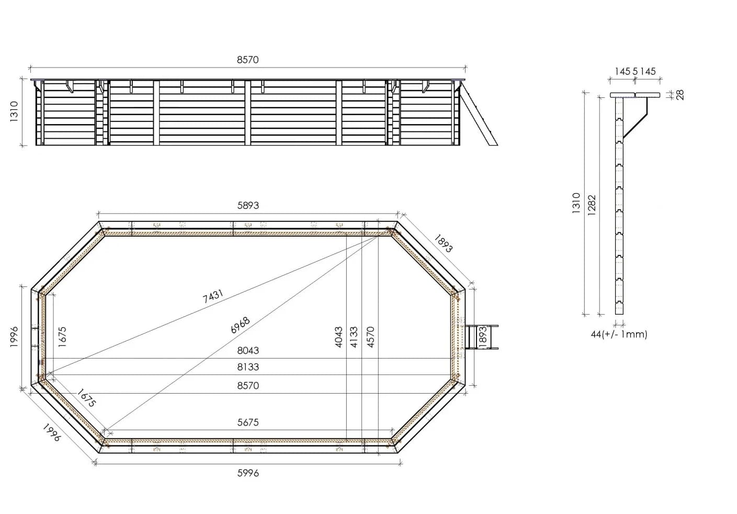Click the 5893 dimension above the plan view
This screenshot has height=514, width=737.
(248, 206)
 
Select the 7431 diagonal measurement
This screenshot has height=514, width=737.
(213, 296)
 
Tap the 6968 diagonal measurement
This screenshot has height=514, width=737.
(240, 325)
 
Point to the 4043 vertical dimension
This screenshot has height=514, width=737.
(338, 337)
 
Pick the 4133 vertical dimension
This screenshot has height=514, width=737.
(354, 337)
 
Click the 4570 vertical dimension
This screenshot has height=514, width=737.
(370, 337)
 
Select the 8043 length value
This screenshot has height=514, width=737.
(248, 350)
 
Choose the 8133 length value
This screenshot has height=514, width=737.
(248, 367)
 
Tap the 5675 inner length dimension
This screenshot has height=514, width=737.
(248, 422)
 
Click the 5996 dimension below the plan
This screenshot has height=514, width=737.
(248, 473)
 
